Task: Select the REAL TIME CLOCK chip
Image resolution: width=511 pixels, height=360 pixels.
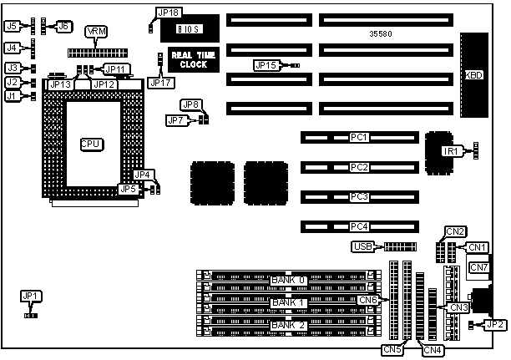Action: (189, 59)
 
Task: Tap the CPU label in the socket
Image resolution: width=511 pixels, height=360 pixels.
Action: (91, 145)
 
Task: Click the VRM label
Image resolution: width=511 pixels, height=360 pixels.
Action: (97, 31)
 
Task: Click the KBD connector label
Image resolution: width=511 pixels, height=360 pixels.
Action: (473, 74)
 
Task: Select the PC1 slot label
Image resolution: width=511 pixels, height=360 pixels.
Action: (359, 136)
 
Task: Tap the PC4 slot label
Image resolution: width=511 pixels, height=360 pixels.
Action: (359, 226)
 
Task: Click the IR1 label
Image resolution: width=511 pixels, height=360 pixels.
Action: (451, 151)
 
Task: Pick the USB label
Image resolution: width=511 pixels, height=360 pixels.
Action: (362, 247)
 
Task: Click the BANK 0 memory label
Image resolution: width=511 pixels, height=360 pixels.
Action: (289, 278)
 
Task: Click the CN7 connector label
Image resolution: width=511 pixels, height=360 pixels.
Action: (478, 268)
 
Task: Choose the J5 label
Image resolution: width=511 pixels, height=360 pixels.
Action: (12, 26)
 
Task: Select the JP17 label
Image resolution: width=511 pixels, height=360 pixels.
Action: (158, 82)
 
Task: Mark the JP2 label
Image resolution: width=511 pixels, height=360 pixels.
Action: (494, 325)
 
